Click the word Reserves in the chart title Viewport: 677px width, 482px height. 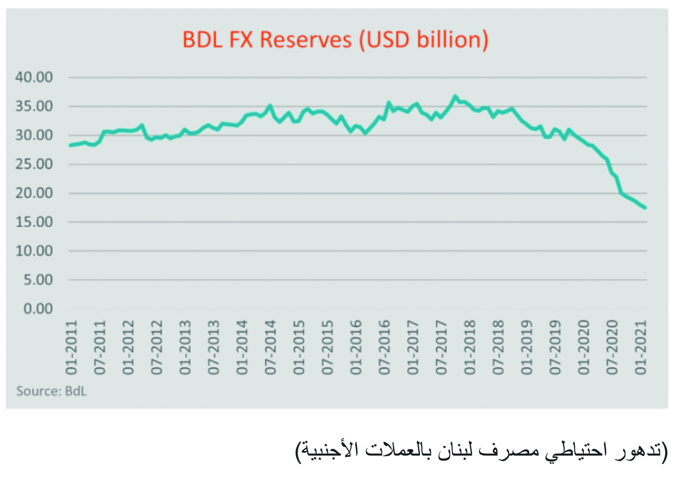click(x=305, y=40)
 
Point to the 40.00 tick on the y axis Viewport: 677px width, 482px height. click(x=34, y=77)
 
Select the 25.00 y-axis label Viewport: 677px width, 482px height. click(x=34, y=164)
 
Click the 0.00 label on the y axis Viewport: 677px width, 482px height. click(x=38, y=309)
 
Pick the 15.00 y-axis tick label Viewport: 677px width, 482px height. click(x=34, y=222)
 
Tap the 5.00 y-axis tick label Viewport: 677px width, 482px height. click(x=38, y=280)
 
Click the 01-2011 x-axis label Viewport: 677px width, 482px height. click(x=72, y=347)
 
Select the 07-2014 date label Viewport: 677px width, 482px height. click(x=271, y=347)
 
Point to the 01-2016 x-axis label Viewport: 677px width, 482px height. click(x=356, y=347)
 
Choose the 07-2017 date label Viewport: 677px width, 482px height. click(x=442, y=347)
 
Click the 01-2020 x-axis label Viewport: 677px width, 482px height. click(x=584, y=347)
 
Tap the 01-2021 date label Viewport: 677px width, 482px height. click(x=641, y=347)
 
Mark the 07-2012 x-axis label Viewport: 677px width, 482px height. click(x=157, y=347)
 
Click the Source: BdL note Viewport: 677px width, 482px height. click(x=51, y=391)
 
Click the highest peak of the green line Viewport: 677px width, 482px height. click(x=455, y=97)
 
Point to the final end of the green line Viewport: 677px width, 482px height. click(x=645, y=208)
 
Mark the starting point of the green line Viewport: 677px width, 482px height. click(x=71, y=145)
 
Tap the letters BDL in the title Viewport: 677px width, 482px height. click(x=202, y=40)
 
